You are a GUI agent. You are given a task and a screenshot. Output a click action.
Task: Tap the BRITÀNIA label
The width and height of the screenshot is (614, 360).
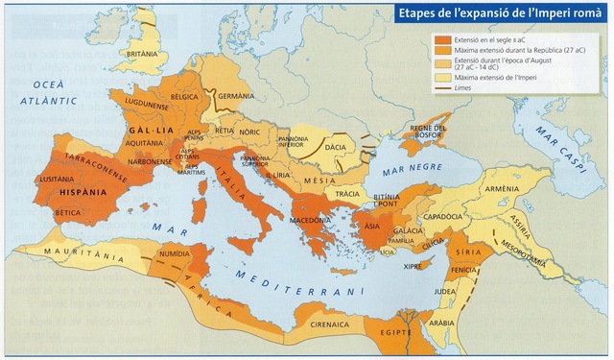[x=142, y=55]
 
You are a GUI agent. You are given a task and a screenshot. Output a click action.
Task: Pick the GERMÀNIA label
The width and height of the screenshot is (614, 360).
[x=235, y=97]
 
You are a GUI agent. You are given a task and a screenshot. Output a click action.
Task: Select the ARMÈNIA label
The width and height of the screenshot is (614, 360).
[x=502, y=190]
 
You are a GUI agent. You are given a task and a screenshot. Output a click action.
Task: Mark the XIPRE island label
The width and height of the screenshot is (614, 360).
[x=413, y=265]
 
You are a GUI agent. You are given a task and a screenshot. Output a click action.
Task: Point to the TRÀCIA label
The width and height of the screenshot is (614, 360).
[x=348, y=194]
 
